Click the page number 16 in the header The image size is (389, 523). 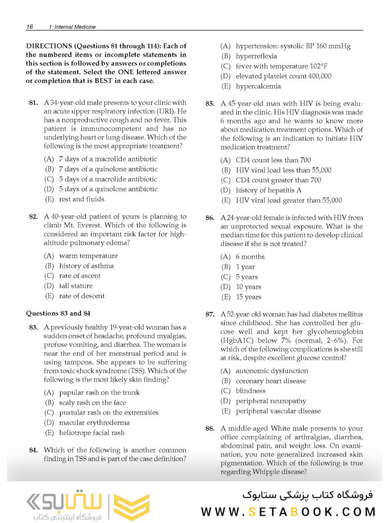tap(30, 27)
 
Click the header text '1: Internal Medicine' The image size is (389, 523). tap(72, 27)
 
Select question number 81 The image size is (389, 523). tap(33, 103)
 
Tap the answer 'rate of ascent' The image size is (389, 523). tap(80, 276)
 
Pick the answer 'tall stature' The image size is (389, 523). tap(76, 286)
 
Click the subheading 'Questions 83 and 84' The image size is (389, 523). tap(58, 313)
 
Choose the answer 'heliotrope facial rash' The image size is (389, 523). tap(92, 433)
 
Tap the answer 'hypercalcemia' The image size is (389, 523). tap(258, 87)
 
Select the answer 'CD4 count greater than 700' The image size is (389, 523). tap(278, 180)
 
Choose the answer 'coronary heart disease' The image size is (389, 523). tap(271, 381)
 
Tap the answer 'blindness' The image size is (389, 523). tap(250, 391)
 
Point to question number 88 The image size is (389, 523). tap(210, 429)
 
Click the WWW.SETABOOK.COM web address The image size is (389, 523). tap(289, 511)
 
